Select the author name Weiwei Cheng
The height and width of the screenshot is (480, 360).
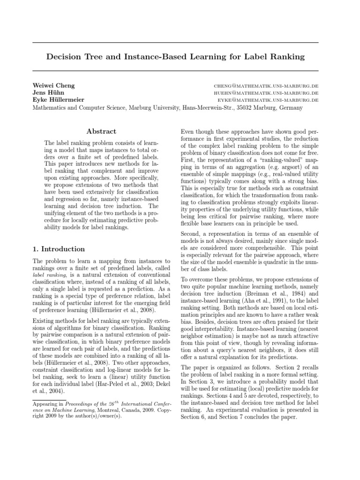[53, 86]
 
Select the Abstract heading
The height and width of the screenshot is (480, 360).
[101, 131]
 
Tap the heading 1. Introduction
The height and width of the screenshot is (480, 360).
[59, 249]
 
